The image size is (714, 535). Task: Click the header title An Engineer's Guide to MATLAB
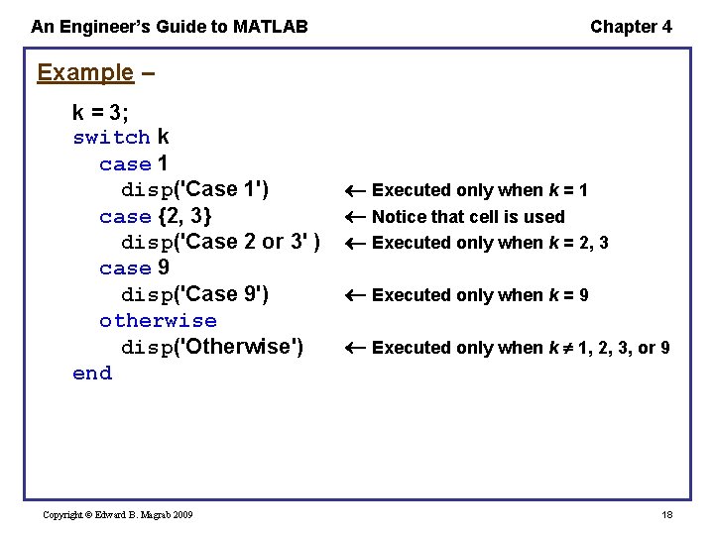[x=170, y=27]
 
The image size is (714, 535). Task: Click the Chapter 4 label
[x=631, y=27]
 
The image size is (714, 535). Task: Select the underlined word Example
[x=84, y=72]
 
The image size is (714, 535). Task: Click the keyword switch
[x=111, y=137]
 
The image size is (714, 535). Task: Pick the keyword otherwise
[x=158, y=320]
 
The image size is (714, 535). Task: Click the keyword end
[x=92, y=373]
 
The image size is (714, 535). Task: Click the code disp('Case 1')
[x=195, y=189]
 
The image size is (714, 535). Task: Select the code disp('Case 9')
[x=195, y=294]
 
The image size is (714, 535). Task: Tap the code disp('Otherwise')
[x=212, y=347]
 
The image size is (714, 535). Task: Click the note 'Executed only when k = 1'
[x=479, y=190]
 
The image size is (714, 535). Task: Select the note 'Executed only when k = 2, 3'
[x=490, y=243]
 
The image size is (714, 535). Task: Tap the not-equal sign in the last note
[x=565, y=348]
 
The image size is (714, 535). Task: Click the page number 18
[x=666, y=514]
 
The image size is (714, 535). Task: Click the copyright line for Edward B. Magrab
[x=118, y=514]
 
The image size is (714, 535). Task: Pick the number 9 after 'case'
[x=164, y=267]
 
